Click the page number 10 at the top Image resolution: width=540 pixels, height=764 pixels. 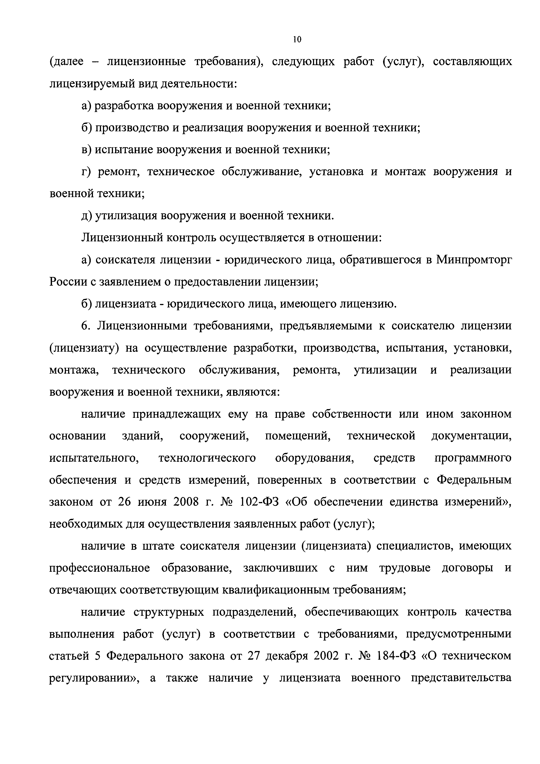click(297, 40)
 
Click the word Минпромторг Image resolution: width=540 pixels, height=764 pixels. click(474, 260)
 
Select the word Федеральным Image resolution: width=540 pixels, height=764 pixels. click(474, 480)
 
